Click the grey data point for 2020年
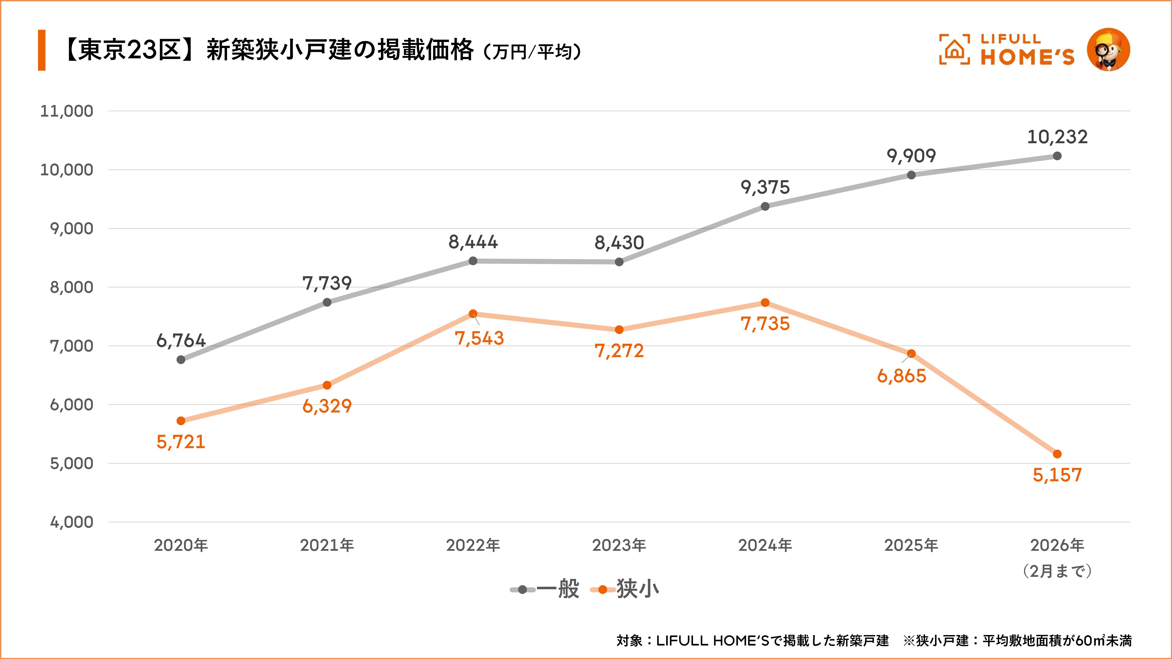pos(180,360)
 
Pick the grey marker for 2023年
pos(619,262)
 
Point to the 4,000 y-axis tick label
pos(72,522)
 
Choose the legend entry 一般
pos(545,589)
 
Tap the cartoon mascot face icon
pos(1108,50)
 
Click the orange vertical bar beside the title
pos(42,50)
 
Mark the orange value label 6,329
pos(327,406)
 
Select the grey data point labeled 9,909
pos(911,175)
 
